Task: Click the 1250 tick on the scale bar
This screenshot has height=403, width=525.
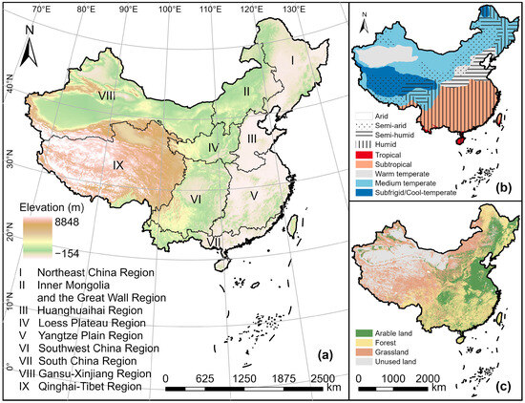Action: [247, 379]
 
